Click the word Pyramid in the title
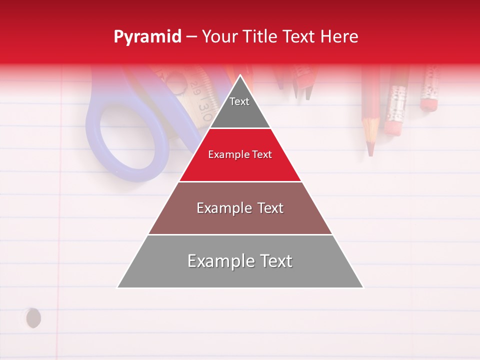click(147, 37)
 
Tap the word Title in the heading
click(260, 37)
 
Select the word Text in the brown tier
click(270, 208)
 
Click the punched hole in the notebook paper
click(33, 318)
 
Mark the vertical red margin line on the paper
click(60, 225)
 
